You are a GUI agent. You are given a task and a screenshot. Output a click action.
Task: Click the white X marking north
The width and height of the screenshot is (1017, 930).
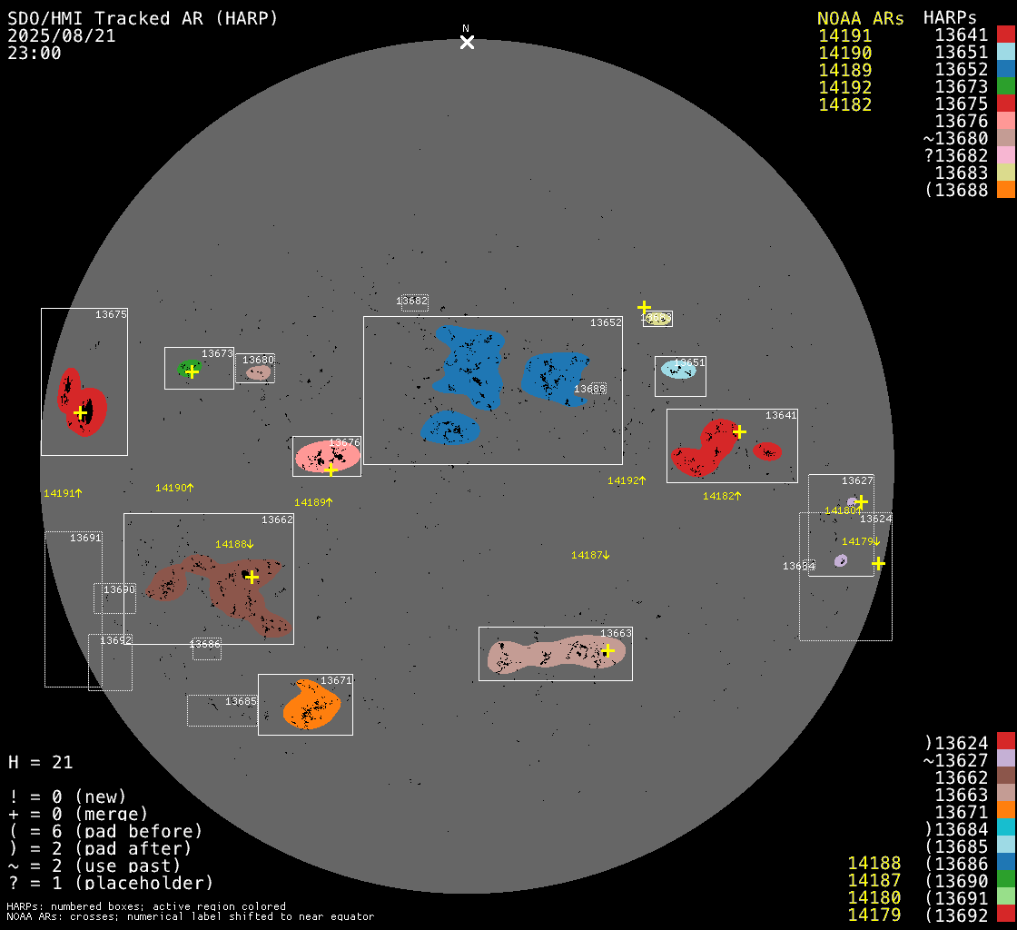click(467, 42)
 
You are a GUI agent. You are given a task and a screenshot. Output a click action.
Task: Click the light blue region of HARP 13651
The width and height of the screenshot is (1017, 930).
click(676, 370)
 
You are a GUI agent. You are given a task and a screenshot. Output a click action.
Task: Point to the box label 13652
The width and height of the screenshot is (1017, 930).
click(606, 323)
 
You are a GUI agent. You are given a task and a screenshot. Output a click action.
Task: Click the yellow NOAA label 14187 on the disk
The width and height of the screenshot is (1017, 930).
click(590, 555)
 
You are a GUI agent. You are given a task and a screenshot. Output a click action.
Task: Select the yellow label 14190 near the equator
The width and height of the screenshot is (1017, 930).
click(173, 488)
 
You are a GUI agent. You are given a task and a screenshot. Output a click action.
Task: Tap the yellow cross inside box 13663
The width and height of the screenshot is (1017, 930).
click(607, 650)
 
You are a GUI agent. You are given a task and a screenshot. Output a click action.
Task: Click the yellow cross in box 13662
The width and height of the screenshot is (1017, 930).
click(252, 577)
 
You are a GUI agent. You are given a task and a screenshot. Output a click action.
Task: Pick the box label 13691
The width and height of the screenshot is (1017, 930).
click(85, 539)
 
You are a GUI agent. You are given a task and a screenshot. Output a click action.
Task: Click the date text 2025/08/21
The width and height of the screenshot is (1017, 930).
click(62, 36)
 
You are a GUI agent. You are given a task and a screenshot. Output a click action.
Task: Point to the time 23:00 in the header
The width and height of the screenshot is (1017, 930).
click(35, 54)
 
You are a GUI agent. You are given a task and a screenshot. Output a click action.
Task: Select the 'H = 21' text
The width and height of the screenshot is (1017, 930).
click(40, 763)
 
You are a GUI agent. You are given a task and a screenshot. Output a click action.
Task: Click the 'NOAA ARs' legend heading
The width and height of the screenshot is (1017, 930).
click(860, 18)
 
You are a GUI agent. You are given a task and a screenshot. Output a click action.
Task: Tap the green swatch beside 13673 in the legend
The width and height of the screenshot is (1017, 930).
click(1005, 87)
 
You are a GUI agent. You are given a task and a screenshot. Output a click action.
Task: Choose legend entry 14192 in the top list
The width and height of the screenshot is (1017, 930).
click(844, 87)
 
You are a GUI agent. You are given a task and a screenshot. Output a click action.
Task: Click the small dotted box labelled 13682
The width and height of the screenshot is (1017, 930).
click(414, 302)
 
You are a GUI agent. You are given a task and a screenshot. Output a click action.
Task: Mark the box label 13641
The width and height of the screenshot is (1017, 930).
click(781, 416)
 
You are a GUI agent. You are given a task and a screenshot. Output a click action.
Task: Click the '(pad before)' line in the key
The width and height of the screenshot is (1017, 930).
click(105, 831)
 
